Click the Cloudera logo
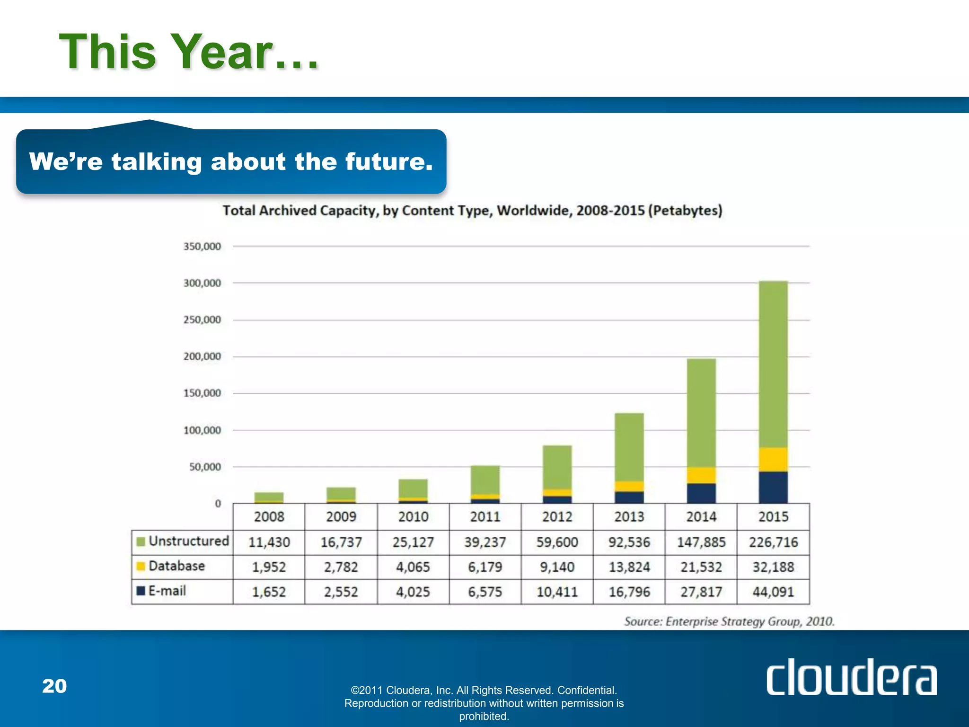click(x=851, y=677)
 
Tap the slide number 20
click(x=54, y=686)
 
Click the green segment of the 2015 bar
click(x=773, y=364)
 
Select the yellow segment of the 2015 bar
click(x=773, y=459)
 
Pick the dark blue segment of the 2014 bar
click(x=701, y=493)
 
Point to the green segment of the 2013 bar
click(x=629, y=447)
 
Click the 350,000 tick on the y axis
click(x=202, y=247)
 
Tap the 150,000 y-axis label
click(x=202, y=393)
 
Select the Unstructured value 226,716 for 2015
click(x=773, y=542)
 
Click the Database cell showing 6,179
click(x=485, y=567)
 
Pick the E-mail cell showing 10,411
click(x=557, y=592)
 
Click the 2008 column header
click(x=269, y=517)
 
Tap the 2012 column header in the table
click(x=557, y=517)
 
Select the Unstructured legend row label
click(x=188, y=541)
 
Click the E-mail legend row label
click(x=167, y=591)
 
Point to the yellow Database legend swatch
click(x=141, y=567)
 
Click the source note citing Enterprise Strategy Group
click(x=729, y=621)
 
